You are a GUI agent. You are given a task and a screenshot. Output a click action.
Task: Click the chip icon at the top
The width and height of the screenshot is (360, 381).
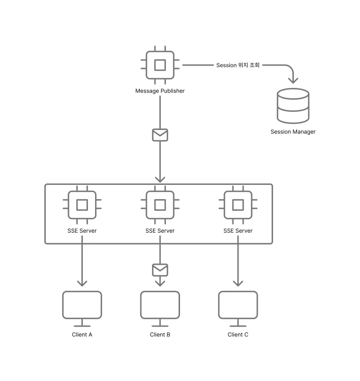pos(160,65)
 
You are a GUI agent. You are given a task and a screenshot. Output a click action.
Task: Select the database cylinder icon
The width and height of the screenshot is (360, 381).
pos(293,106)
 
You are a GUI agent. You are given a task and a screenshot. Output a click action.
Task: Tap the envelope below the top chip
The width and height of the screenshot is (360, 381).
pos(160,135)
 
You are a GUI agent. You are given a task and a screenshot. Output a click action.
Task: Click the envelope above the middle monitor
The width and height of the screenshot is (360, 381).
pos(160,269)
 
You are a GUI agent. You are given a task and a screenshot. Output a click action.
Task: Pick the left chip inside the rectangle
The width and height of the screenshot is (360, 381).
pos(82,205)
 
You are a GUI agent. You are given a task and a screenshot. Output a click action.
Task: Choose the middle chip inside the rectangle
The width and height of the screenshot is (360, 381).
pos(160,205)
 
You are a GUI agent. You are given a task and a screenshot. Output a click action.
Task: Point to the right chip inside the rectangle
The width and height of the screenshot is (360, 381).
pos(238,205)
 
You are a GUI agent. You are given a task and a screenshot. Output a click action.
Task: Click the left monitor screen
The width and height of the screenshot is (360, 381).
pos(82,305)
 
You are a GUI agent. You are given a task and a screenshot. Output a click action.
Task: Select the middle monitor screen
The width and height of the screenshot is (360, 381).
pos(160,305)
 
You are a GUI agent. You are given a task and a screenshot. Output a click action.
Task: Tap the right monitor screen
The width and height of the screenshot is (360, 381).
pos(238,305)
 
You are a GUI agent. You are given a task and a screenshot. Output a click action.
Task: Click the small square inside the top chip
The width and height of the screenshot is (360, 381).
pos(160,65)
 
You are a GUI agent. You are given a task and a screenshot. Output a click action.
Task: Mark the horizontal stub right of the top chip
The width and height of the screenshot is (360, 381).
pos(198,65)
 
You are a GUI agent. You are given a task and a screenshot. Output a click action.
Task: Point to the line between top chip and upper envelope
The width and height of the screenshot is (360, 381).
pos(160,109)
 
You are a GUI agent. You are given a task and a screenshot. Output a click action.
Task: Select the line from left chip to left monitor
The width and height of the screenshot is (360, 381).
pos(83,262)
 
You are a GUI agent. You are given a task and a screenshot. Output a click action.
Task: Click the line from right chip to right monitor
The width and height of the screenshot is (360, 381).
pos(238,262)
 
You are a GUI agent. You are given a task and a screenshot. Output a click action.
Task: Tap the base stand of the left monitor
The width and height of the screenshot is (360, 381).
pos(83,327)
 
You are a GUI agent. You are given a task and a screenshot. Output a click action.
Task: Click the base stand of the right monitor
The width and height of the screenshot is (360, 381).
pos(238,327)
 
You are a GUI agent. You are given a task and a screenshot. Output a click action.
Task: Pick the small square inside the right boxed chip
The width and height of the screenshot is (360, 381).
pos(238,205)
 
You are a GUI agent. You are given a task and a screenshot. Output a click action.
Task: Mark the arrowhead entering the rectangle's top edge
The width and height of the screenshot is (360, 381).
pos(160,179)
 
